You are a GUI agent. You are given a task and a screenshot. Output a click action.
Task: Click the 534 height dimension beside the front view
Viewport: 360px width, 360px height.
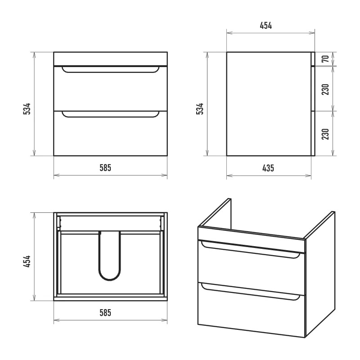click(x=27, y=109)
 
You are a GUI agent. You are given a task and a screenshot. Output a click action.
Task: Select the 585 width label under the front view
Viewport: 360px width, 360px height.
click(x=105, y=168)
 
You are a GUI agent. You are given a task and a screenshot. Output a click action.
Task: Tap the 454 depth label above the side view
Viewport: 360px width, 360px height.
click(x=266, y=26)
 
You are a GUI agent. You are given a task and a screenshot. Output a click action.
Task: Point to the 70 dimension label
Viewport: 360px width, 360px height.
click(x=325, y=59)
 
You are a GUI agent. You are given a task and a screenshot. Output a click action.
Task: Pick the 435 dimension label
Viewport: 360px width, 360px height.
click(x=268, y=168)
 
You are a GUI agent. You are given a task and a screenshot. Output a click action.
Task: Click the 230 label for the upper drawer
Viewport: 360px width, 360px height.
click(x=325, y=89)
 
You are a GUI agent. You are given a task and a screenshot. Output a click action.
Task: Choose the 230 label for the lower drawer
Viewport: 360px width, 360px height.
click(x=325, y=134)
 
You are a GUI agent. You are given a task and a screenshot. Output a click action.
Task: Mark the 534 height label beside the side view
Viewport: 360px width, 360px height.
click(x=200, y=109)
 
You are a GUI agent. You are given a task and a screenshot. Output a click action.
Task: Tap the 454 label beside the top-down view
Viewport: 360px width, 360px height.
click(x=27, y=261)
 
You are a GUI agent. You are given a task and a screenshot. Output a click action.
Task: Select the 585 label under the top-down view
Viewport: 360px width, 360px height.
click(x=105, y=313)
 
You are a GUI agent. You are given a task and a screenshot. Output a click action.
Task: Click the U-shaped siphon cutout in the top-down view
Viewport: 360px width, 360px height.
click(x=109, y=279)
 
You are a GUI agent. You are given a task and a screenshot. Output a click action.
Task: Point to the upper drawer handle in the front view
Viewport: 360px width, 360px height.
click(x=110, y=72)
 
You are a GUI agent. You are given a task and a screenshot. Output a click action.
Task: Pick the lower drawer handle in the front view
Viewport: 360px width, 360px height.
click(x=110, y=117)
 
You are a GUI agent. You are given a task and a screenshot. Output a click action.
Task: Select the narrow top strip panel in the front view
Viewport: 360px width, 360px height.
click(x=110, y=59)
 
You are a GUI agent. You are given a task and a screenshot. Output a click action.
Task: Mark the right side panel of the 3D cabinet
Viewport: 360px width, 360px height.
click(x=319, y=274)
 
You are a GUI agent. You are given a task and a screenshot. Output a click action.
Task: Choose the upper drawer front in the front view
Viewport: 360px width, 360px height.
click(x=110, y=89)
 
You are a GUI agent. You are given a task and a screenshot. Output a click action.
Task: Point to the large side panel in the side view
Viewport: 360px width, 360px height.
click(x=269, y=104)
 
